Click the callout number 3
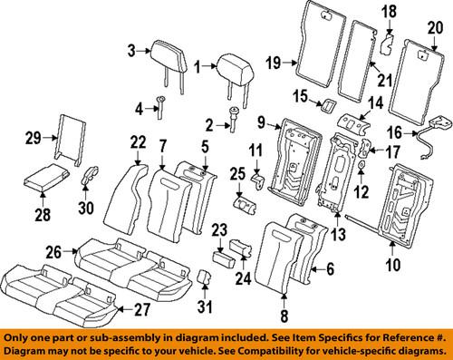click(131, 49)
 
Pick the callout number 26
click(53, 251)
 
